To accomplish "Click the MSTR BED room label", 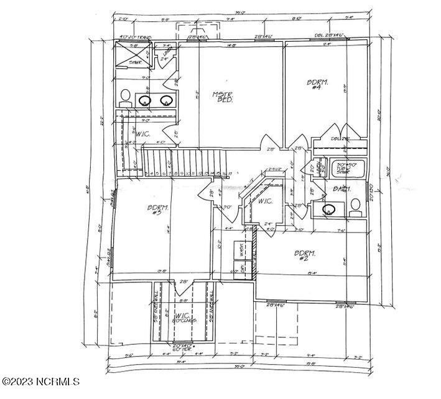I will [223, 98].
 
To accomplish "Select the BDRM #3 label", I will [155, 210].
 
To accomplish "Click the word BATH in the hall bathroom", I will [341, 188].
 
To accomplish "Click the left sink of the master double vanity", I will [146, 100].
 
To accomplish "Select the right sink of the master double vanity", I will [166, 100].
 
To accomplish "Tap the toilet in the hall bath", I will [355, 205].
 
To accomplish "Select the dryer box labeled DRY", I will [243, 270].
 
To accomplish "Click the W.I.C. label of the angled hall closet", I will [265, 201].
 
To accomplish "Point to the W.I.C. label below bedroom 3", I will [182, 317].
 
